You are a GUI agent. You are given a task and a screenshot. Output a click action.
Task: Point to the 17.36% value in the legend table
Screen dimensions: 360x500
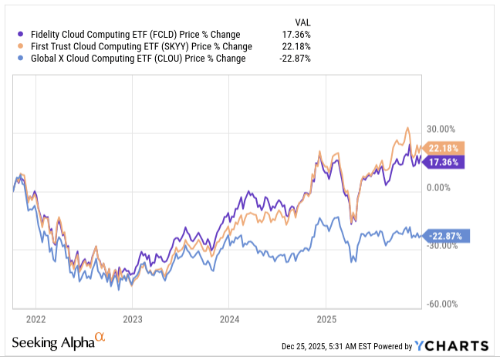[297, 35]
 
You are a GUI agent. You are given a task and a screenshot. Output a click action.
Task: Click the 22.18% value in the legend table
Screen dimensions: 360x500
[297, 47]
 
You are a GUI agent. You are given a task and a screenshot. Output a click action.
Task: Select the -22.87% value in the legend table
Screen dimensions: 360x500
[296, 59]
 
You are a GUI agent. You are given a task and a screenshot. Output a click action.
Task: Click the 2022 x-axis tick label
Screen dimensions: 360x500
[35, 318]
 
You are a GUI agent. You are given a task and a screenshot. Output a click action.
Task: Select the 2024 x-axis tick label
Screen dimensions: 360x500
[229, 318]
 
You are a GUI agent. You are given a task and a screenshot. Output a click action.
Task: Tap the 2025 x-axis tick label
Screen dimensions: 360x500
[326, 318]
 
